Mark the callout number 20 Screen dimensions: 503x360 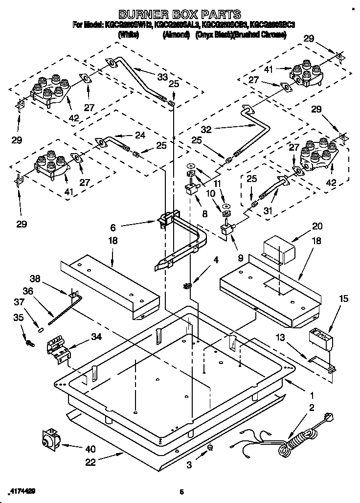click(x=317, y=226)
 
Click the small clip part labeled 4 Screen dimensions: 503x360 click(x=187, y=286)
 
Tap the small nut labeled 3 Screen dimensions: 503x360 click(x=210, y=448)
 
